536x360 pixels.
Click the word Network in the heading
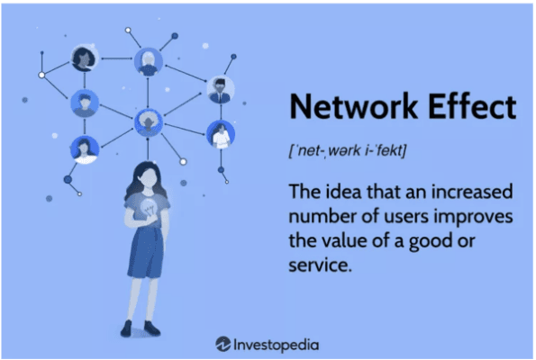pos(353,106)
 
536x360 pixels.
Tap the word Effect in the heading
pos(472,106)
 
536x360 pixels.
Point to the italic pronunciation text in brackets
pos(348,150)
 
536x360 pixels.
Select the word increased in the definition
pos(472,192)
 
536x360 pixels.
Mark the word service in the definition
pos(321,265)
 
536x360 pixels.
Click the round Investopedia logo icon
pos(223,344)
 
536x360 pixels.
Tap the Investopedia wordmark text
pos(277,345)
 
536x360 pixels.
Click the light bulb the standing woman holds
pos(148,208)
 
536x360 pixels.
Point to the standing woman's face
pos(149,178)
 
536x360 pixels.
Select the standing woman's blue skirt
pos(146,251)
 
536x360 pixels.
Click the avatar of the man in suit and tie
pos(221,89)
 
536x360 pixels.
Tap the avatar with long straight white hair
pos(149,61)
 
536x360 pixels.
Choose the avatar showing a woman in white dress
pos(221,134)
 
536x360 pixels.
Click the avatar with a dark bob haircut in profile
pos(85,58)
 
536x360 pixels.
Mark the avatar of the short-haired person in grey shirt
pos(85,103)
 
